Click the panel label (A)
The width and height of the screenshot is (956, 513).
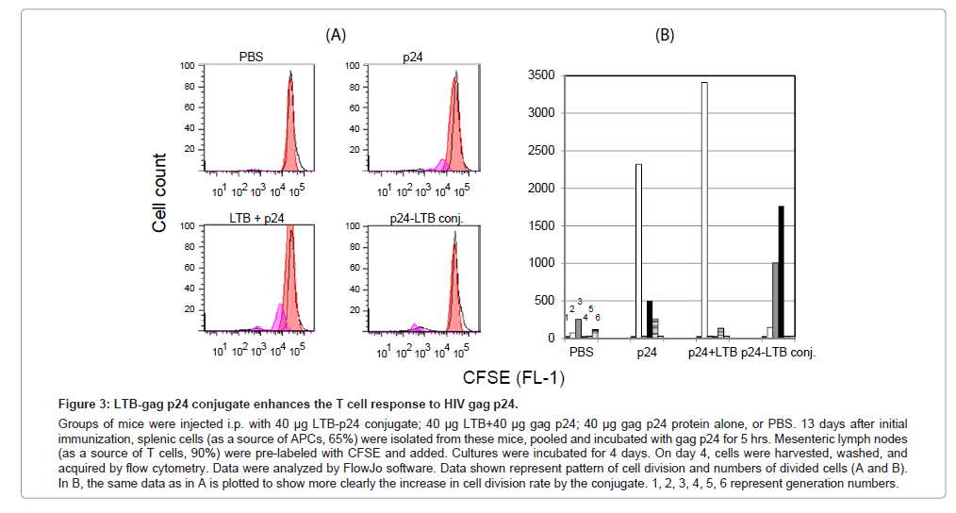click(x=336, y=35)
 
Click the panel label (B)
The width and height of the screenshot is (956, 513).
click(x=665, y=35)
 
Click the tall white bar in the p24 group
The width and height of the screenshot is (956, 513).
click(x=638, y=251)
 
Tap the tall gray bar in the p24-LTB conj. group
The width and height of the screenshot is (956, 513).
click(x=775, y=300)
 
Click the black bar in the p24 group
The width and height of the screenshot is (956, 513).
click(x=650, y=320)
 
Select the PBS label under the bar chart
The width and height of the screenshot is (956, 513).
click(x=583, y=353)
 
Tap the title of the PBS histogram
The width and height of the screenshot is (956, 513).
click(x=250, y=57)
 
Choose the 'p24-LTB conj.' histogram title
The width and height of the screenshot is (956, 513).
click(x=420, y=218)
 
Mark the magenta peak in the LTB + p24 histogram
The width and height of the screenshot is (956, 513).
click(x=280, y=316)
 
